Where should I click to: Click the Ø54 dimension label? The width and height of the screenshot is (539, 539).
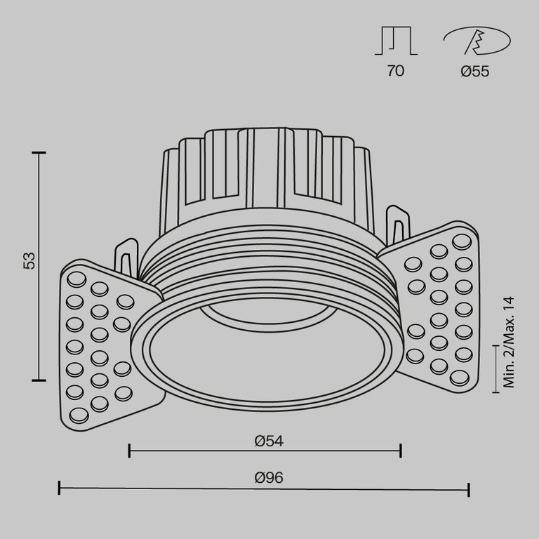click(269, 441)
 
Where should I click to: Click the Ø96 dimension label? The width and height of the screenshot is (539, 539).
click(269, 478)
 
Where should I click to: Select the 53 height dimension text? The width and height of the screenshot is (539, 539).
click(29, 261)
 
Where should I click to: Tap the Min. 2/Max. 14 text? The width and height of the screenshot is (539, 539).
click(509, 342)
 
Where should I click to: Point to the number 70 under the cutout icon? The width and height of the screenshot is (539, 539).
click(396, 71)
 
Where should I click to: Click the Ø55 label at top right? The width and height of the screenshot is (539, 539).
click(475, 71)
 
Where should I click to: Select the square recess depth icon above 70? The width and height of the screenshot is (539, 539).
click(397, 41)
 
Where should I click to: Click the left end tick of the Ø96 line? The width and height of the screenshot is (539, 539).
click(60, 488)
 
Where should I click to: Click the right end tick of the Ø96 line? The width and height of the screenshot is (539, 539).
click(468, 488)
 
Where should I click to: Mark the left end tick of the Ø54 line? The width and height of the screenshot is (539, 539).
click(130, 451)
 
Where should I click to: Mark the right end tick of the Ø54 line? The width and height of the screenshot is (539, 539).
click(400, 451)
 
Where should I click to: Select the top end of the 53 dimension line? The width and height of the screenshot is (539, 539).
click(39, 152)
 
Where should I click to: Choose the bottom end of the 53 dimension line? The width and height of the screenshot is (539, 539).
click(39, 380)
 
